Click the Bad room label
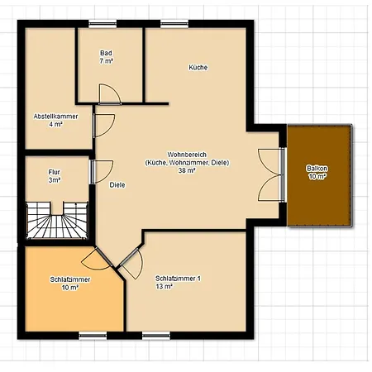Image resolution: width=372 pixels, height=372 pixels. [x=106, y=52]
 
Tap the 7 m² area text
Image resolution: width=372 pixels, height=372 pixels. [x=106, y=61]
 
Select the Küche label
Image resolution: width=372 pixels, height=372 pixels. [x=198, y=67]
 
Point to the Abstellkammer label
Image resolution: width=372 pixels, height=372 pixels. [x=55, y=116]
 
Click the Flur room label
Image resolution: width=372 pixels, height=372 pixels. [x=55, y=171]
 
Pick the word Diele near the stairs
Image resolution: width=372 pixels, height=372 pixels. [x=117, y=184]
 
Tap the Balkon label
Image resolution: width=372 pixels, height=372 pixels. [x=317, y=168]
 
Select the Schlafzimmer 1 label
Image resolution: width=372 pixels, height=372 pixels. [x=178, y=278]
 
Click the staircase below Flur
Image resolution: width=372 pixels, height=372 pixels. [x=54, y=220]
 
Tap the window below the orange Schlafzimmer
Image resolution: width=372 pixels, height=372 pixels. [x=93, y=335]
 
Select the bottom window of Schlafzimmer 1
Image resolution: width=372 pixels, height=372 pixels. [x=155, y=335]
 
